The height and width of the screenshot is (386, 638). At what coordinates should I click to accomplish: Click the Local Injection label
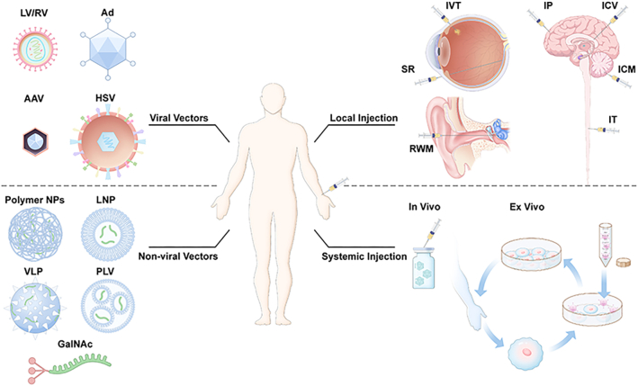coord(363,121)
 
